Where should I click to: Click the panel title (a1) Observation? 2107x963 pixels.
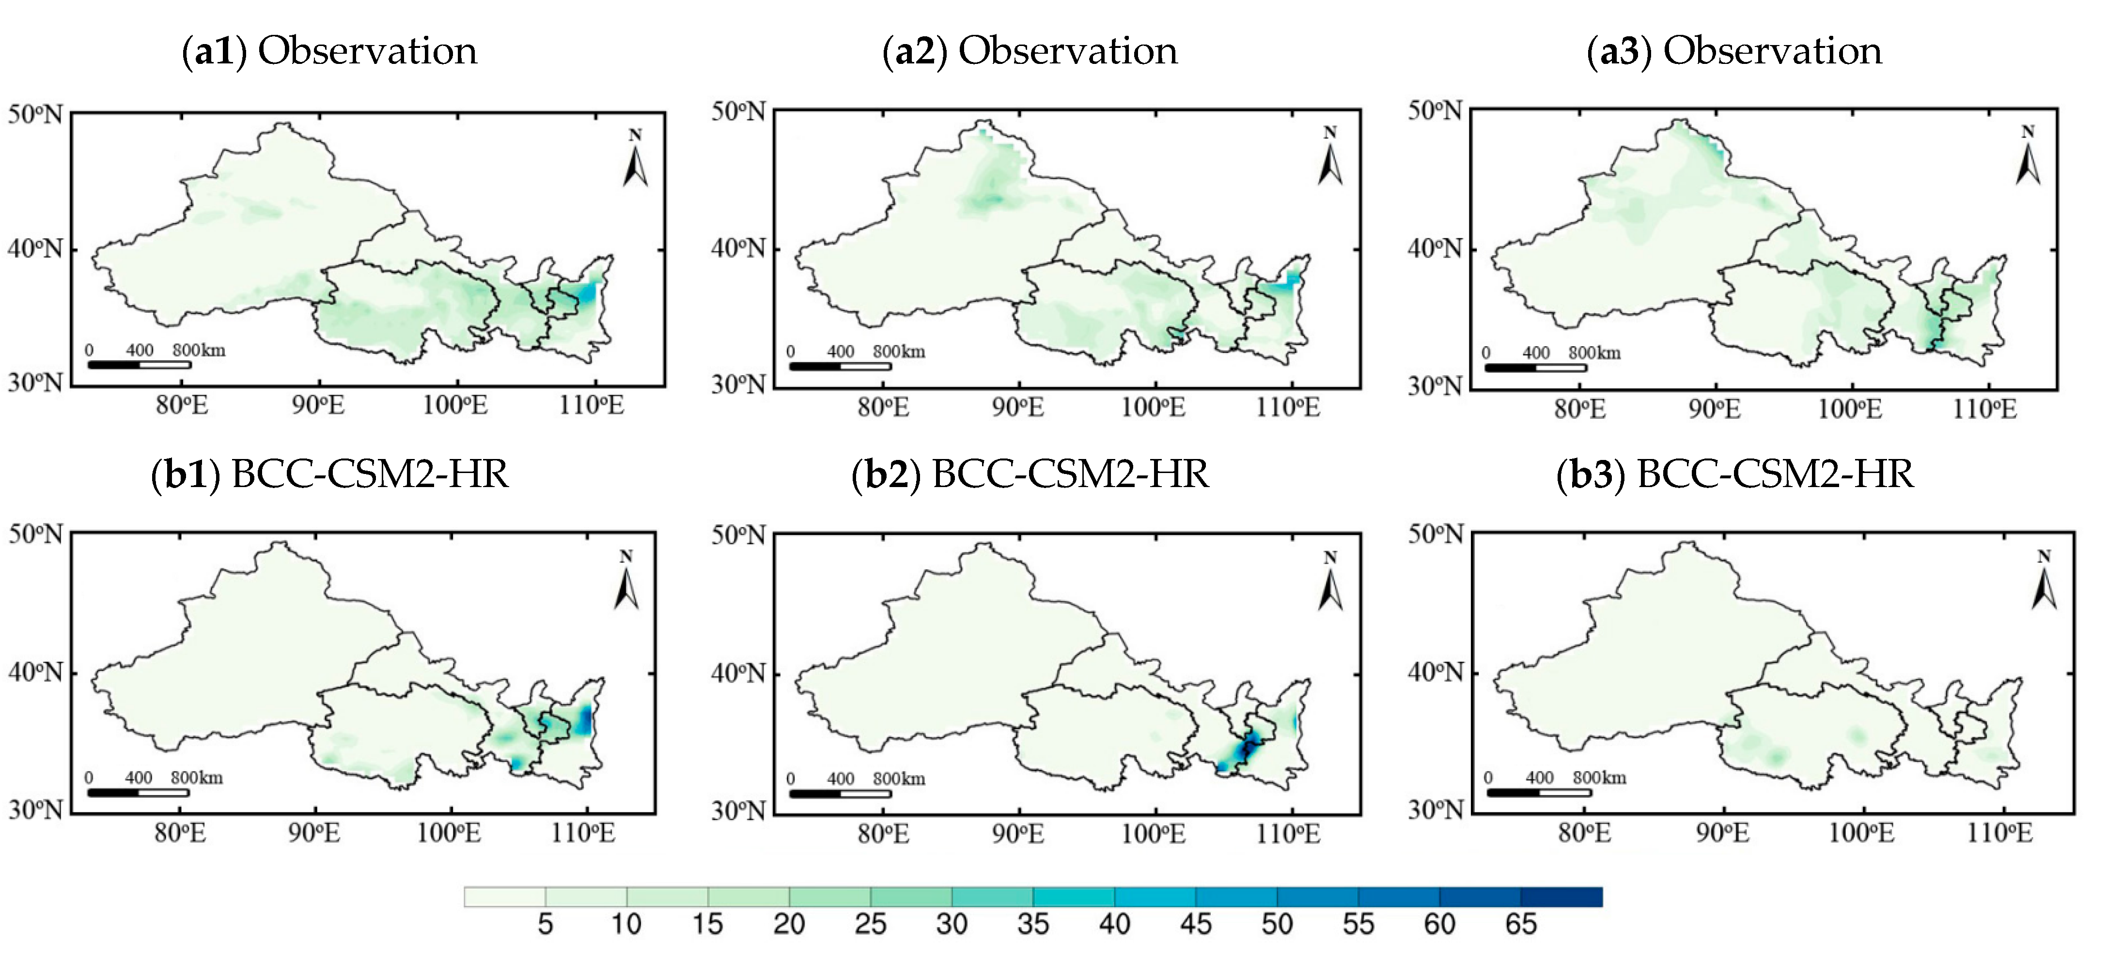click(x=329, y=51)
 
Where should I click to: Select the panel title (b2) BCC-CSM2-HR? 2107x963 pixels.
click(x=1030, y=474)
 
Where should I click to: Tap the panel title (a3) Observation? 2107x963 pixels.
click(x=1734, y=51)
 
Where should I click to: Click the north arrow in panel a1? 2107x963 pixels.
click(x=635, y=159)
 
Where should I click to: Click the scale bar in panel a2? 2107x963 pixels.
click(x=840, y=366)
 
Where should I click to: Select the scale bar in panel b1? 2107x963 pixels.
click(x=138, y=792)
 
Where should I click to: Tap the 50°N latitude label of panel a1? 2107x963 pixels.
click(x=35, y=114)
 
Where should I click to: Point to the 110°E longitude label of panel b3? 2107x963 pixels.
click(x=1999, y=833)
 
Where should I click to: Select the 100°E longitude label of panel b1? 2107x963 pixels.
click(x=449, y=833)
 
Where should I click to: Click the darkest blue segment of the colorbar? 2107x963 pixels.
click(x=1561, y=897)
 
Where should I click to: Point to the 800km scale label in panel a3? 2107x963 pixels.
click(x=1594, y=353)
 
